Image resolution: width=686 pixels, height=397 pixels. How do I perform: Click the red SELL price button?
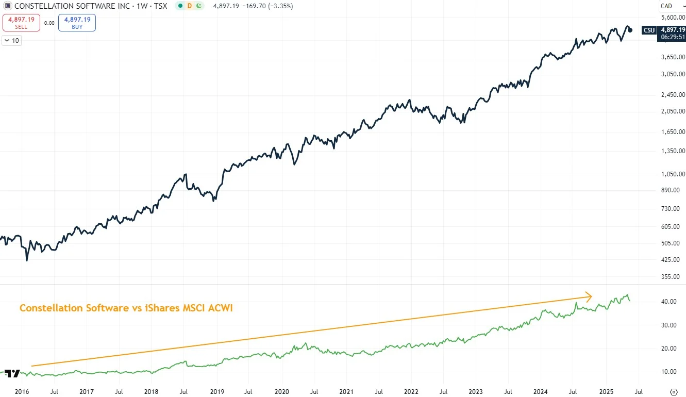[21, 23]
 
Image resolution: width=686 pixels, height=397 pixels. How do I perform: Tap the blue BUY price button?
[77, 23]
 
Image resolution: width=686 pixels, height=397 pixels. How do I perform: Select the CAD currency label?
[666, 6]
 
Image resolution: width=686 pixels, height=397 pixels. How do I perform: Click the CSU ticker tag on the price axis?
[649, 30]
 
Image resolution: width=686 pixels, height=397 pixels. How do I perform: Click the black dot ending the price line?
[630, 30]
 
